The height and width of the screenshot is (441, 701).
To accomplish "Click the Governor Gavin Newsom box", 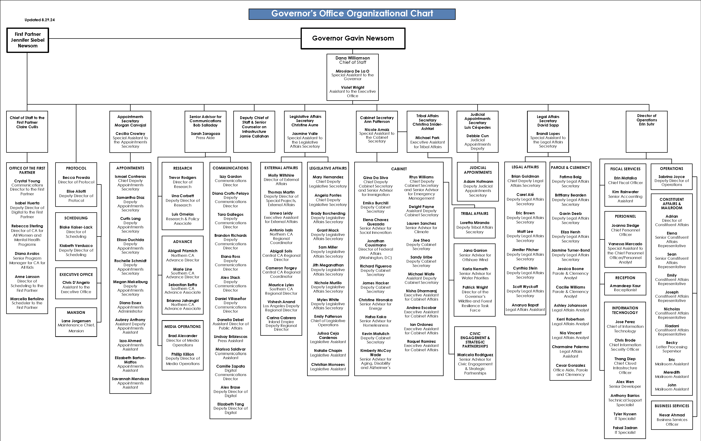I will (x=353, y=38).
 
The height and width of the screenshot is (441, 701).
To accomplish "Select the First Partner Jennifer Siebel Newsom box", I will (x=28, y=40).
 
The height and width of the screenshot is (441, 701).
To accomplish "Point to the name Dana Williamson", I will (x=353, y=58).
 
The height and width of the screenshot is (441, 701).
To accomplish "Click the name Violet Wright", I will (x=353, y=87).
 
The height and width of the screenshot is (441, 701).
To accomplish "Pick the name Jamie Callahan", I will (x=254, y=136).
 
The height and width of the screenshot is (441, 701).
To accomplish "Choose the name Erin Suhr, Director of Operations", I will (x=647, y=124).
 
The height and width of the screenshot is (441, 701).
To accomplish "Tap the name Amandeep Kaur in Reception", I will (x=625, y=286).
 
